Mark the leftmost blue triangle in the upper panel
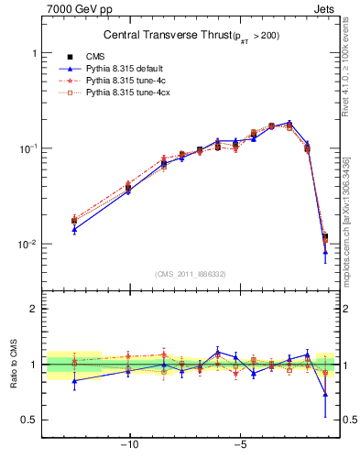point(74,229)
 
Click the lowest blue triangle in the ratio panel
point(325,395)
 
